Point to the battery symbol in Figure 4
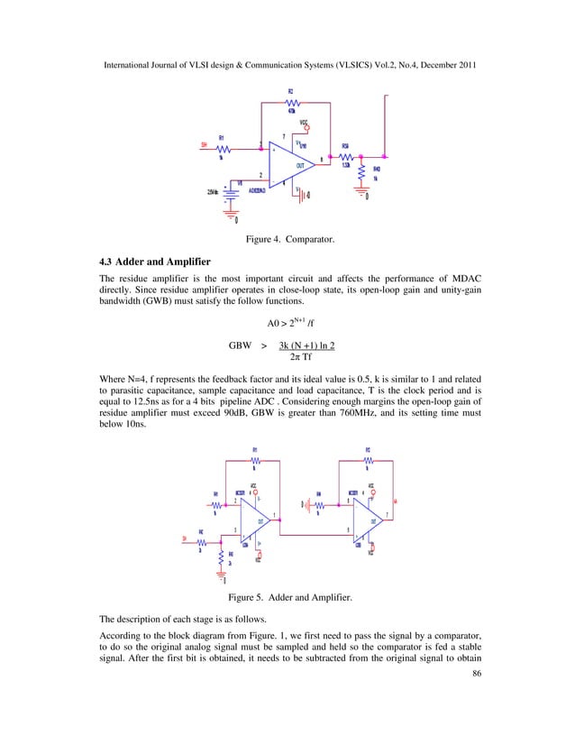click(x=233, y=192)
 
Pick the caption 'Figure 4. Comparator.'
click(x=287, y=240)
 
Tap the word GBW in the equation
click(x=241, y=345)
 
